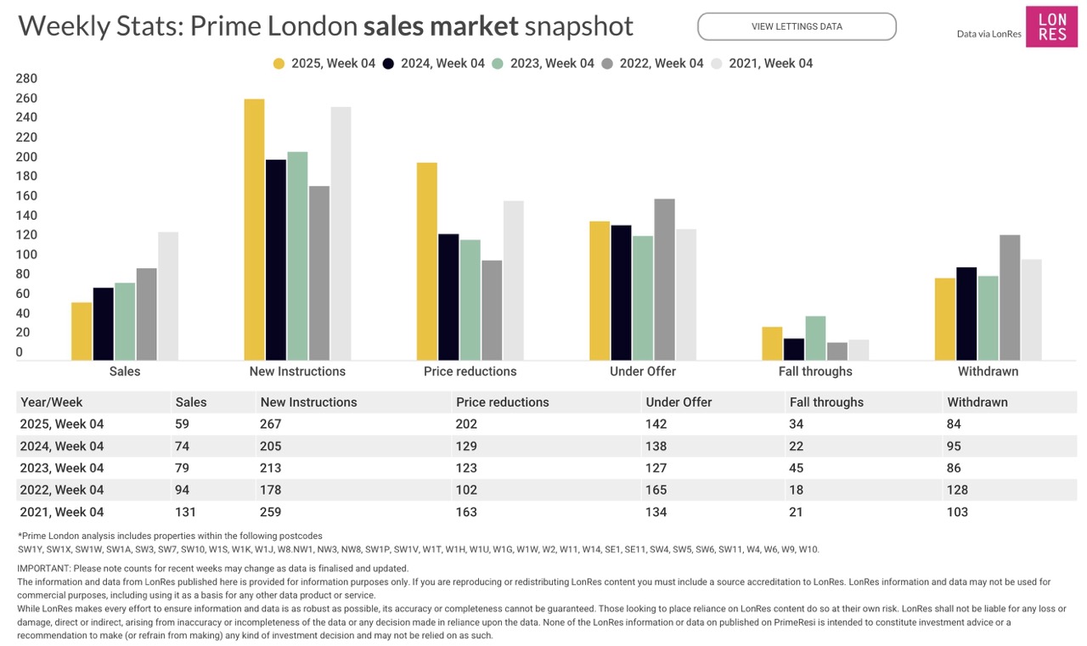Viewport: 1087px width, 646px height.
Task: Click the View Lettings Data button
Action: tap(797, 26)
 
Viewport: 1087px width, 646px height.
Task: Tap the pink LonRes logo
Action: tap(1051, 26)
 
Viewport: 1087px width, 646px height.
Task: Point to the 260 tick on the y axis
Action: tap(27, 98)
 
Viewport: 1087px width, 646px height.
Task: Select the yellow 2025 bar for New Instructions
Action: tap(254, 229)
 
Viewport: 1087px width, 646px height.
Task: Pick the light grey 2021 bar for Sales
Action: tap(168, 295)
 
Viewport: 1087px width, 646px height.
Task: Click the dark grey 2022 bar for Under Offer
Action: tap(664, 279)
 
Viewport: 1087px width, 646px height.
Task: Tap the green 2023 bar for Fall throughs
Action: tap(815, 338)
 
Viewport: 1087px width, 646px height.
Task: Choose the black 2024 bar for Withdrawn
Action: tap(966, 313)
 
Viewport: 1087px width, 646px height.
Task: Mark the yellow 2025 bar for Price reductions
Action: tap(427, 261)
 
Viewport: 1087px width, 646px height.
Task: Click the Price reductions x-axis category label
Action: tap(470, 372)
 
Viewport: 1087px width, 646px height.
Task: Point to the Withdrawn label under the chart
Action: tap(988, 372)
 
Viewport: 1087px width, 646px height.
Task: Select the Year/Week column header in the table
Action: tap(52, 402)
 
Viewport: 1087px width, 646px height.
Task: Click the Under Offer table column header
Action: tap(679, 402)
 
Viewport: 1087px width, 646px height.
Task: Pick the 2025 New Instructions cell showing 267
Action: tap(271, 424)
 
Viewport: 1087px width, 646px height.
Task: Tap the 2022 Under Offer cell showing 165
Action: tap(656, 490)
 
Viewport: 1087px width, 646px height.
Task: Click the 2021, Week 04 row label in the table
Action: tap(62, 512)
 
